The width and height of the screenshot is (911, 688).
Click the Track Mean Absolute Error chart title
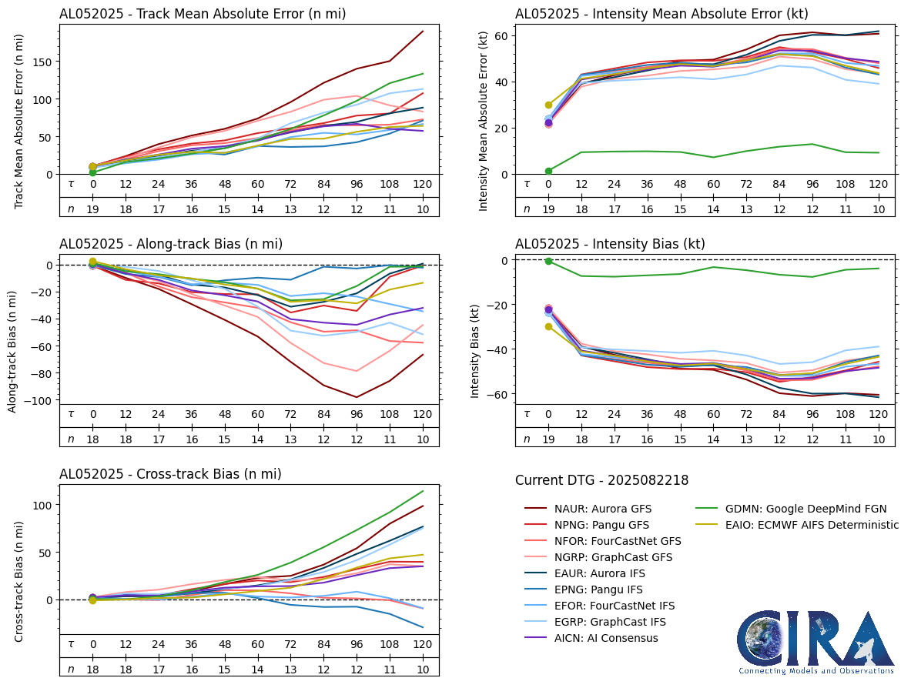[203, 14]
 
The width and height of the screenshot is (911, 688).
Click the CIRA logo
[816, 643]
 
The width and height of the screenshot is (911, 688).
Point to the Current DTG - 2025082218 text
[601, 480]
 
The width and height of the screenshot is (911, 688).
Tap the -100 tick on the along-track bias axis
[39, 401]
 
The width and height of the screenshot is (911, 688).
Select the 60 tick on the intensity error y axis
[499, 35]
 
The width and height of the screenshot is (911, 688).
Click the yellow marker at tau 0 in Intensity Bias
[548, 327]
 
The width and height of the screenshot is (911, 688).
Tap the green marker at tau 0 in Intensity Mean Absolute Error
[548, 171]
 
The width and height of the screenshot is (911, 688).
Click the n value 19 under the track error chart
[92, 209]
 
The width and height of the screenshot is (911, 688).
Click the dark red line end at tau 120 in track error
[423, 32]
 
